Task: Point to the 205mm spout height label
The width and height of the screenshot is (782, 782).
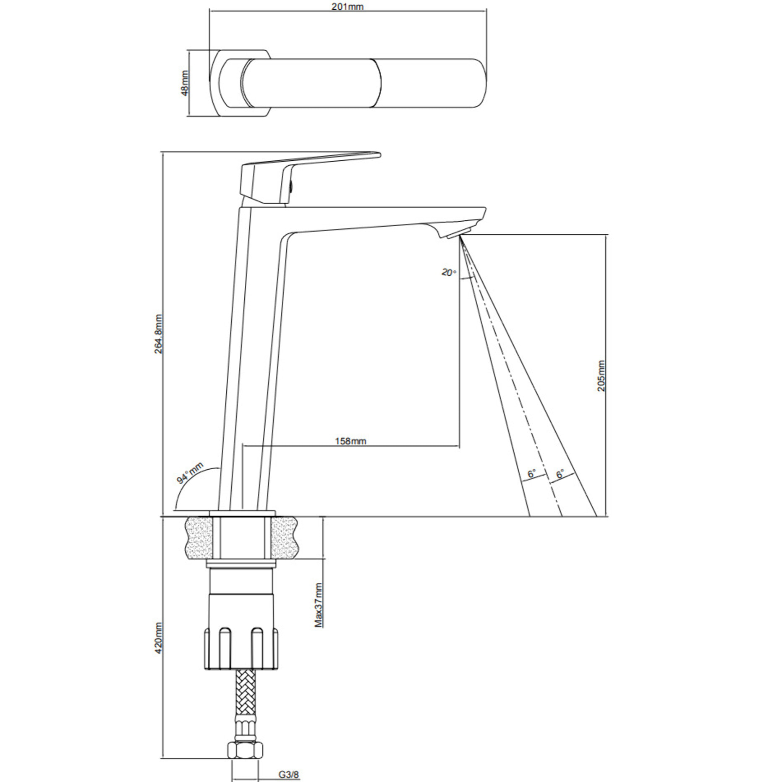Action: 602,376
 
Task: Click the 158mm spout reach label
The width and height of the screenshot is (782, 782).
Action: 350,441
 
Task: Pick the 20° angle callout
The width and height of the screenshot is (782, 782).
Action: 448,272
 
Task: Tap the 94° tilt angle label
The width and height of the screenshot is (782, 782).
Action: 190,473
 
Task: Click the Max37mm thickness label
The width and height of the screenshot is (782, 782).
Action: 319,605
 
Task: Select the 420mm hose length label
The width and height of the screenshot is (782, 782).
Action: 159,638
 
